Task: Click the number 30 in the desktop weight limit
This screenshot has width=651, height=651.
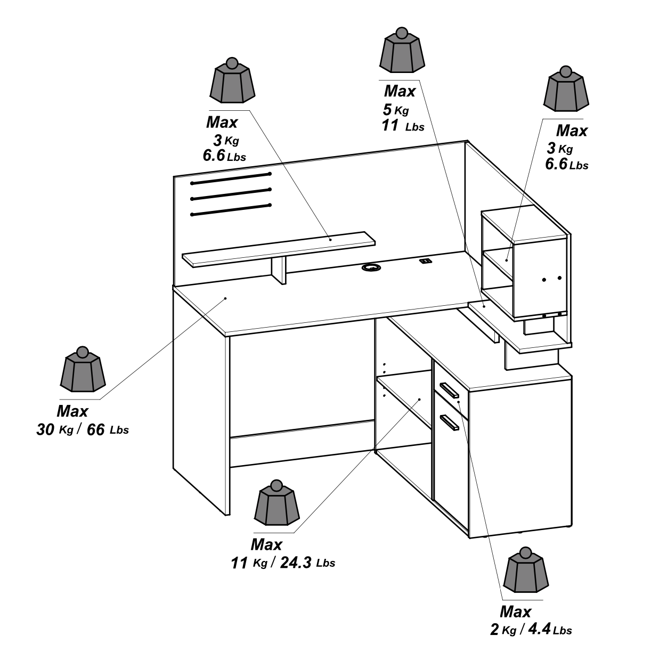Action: pos(45,429)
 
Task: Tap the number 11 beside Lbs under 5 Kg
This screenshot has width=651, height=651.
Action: pos(390,126)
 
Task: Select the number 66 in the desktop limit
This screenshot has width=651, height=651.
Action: pos(95,429)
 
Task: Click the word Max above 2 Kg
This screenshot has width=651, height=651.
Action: pos(515,611)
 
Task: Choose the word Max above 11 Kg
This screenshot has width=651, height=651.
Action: pos(266,544)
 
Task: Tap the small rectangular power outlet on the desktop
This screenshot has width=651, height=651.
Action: pos(425,261)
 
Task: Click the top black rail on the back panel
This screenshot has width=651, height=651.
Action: pos(231,179)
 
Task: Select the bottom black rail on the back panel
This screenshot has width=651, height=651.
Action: pos(231,210)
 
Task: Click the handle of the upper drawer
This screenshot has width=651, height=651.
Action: pos(449,390)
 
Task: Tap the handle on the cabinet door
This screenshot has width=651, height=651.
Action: pos(450,422)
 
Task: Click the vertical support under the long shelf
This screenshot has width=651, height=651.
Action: pos(279,270)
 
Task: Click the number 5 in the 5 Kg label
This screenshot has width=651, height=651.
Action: pos(387,110)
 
